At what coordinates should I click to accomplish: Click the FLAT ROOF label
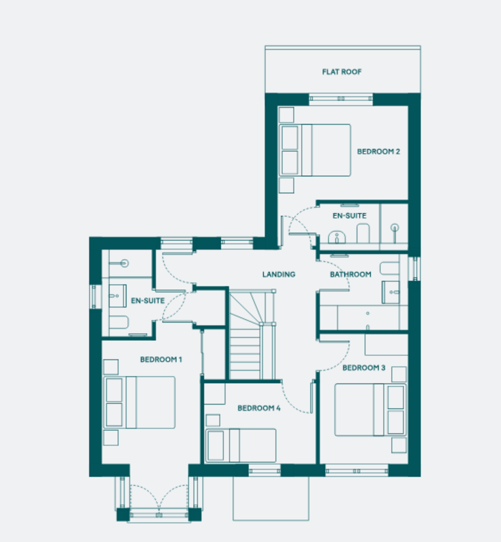click(342, 72)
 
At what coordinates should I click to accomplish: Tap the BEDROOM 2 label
click(379, 151)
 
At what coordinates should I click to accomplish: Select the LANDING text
click(279, 274)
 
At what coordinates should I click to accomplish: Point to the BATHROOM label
click(351, 274)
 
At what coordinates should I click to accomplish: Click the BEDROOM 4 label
click(259, 408)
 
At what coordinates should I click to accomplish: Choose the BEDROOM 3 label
click(364, 368)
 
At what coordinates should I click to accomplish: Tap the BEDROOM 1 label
click(161, 360)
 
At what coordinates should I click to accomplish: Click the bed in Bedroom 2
click(315, 150)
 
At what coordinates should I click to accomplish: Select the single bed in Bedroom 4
click(240, 445)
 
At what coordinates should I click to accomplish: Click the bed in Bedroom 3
click(370, 410)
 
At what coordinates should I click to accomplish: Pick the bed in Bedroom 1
click(140, 402)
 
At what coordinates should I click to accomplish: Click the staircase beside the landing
click(252, 335)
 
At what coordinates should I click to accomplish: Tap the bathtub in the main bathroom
click(368, 318)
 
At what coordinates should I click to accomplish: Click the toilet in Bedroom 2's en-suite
click(363, 234)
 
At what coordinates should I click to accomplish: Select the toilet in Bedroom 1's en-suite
click(119, 322)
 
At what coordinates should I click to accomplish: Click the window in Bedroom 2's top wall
click(341, 99)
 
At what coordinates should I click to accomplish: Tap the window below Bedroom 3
click(356, 471)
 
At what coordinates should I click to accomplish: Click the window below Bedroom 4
click(265, 471)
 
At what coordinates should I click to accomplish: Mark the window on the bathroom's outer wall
click(414, 269)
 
